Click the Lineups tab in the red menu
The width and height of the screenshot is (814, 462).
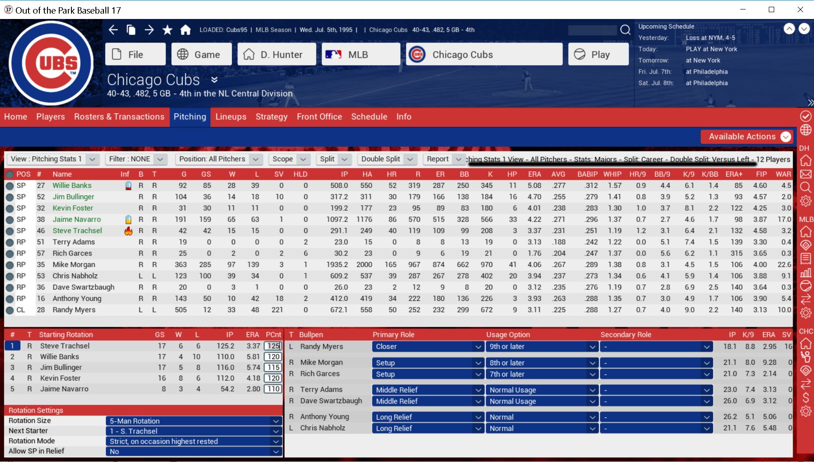231,117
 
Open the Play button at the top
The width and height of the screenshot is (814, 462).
598,55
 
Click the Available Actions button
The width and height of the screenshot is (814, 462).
746,137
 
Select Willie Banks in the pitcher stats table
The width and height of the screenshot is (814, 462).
72,185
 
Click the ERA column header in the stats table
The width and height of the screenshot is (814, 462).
534,174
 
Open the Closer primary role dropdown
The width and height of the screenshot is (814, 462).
427,347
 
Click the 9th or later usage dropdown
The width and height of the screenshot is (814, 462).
541,347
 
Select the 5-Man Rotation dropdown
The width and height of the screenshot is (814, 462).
194,421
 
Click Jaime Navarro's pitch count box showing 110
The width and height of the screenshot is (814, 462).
273,389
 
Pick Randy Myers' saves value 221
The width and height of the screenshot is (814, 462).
277,310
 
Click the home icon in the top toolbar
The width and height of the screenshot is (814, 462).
185,30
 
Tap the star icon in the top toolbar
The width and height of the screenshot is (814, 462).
167,30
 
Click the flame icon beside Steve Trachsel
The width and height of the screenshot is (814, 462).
128,231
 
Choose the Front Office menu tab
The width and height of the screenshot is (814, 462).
319,117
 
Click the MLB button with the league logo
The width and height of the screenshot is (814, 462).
360,55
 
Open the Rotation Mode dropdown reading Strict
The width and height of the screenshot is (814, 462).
194,441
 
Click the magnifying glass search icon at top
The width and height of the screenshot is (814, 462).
625,30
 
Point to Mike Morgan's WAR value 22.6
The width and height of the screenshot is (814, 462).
784,264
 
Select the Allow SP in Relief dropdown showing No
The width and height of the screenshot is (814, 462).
194,452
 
